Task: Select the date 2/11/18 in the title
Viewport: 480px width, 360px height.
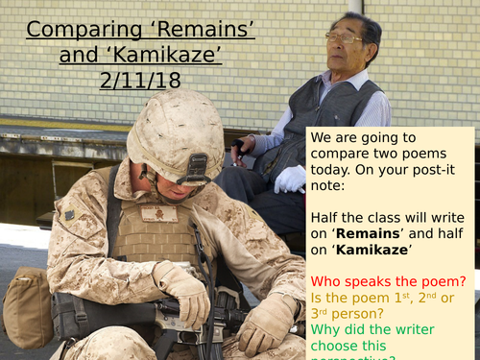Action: (x=140, y=81)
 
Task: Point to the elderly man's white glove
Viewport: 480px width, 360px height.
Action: (x=289, y=180)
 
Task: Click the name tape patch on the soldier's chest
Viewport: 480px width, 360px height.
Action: (x=158, y=214)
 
